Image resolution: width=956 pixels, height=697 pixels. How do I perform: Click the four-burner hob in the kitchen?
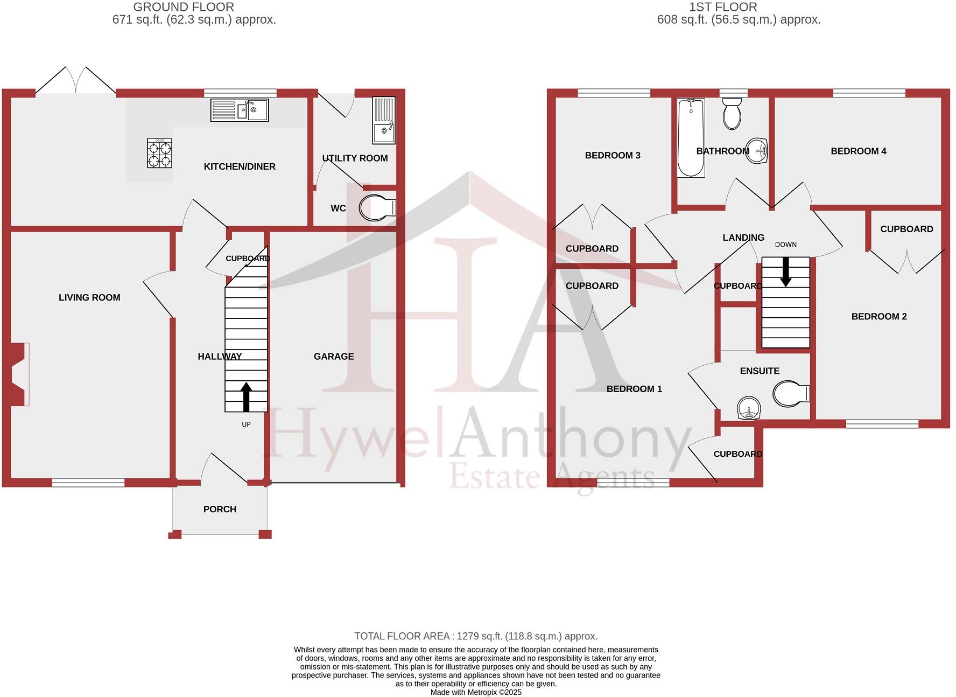[159, 153]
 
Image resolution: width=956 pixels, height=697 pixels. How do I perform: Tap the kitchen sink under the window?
[240, 110]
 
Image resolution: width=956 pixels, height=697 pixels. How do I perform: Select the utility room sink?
[384, 120]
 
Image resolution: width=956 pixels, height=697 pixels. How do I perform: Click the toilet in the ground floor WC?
[376, 208]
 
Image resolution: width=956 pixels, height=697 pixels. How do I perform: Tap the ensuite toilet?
[790, 394]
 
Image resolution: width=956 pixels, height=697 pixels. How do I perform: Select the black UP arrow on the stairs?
[247, 396]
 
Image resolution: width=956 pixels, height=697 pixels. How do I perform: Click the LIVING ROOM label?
[89, 297]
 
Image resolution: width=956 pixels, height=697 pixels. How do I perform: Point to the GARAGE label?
[334, 356]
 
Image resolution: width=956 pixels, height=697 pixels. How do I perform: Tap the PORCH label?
[220, 509]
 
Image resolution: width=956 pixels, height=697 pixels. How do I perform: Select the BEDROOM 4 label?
[858, 151]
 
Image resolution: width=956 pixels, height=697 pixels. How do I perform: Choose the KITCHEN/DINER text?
[240, 166]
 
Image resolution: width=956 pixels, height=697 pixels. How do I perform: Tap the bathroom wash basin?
[758, 150]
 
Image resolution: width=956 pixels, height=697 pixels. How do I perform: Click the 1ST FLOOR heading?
[723, 7]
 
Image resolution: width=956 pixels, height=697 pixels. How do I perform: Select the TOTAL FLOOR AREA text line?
[476, 636]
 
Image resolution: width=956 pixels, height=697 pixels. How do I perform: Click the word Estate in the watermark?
[495, 477]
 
